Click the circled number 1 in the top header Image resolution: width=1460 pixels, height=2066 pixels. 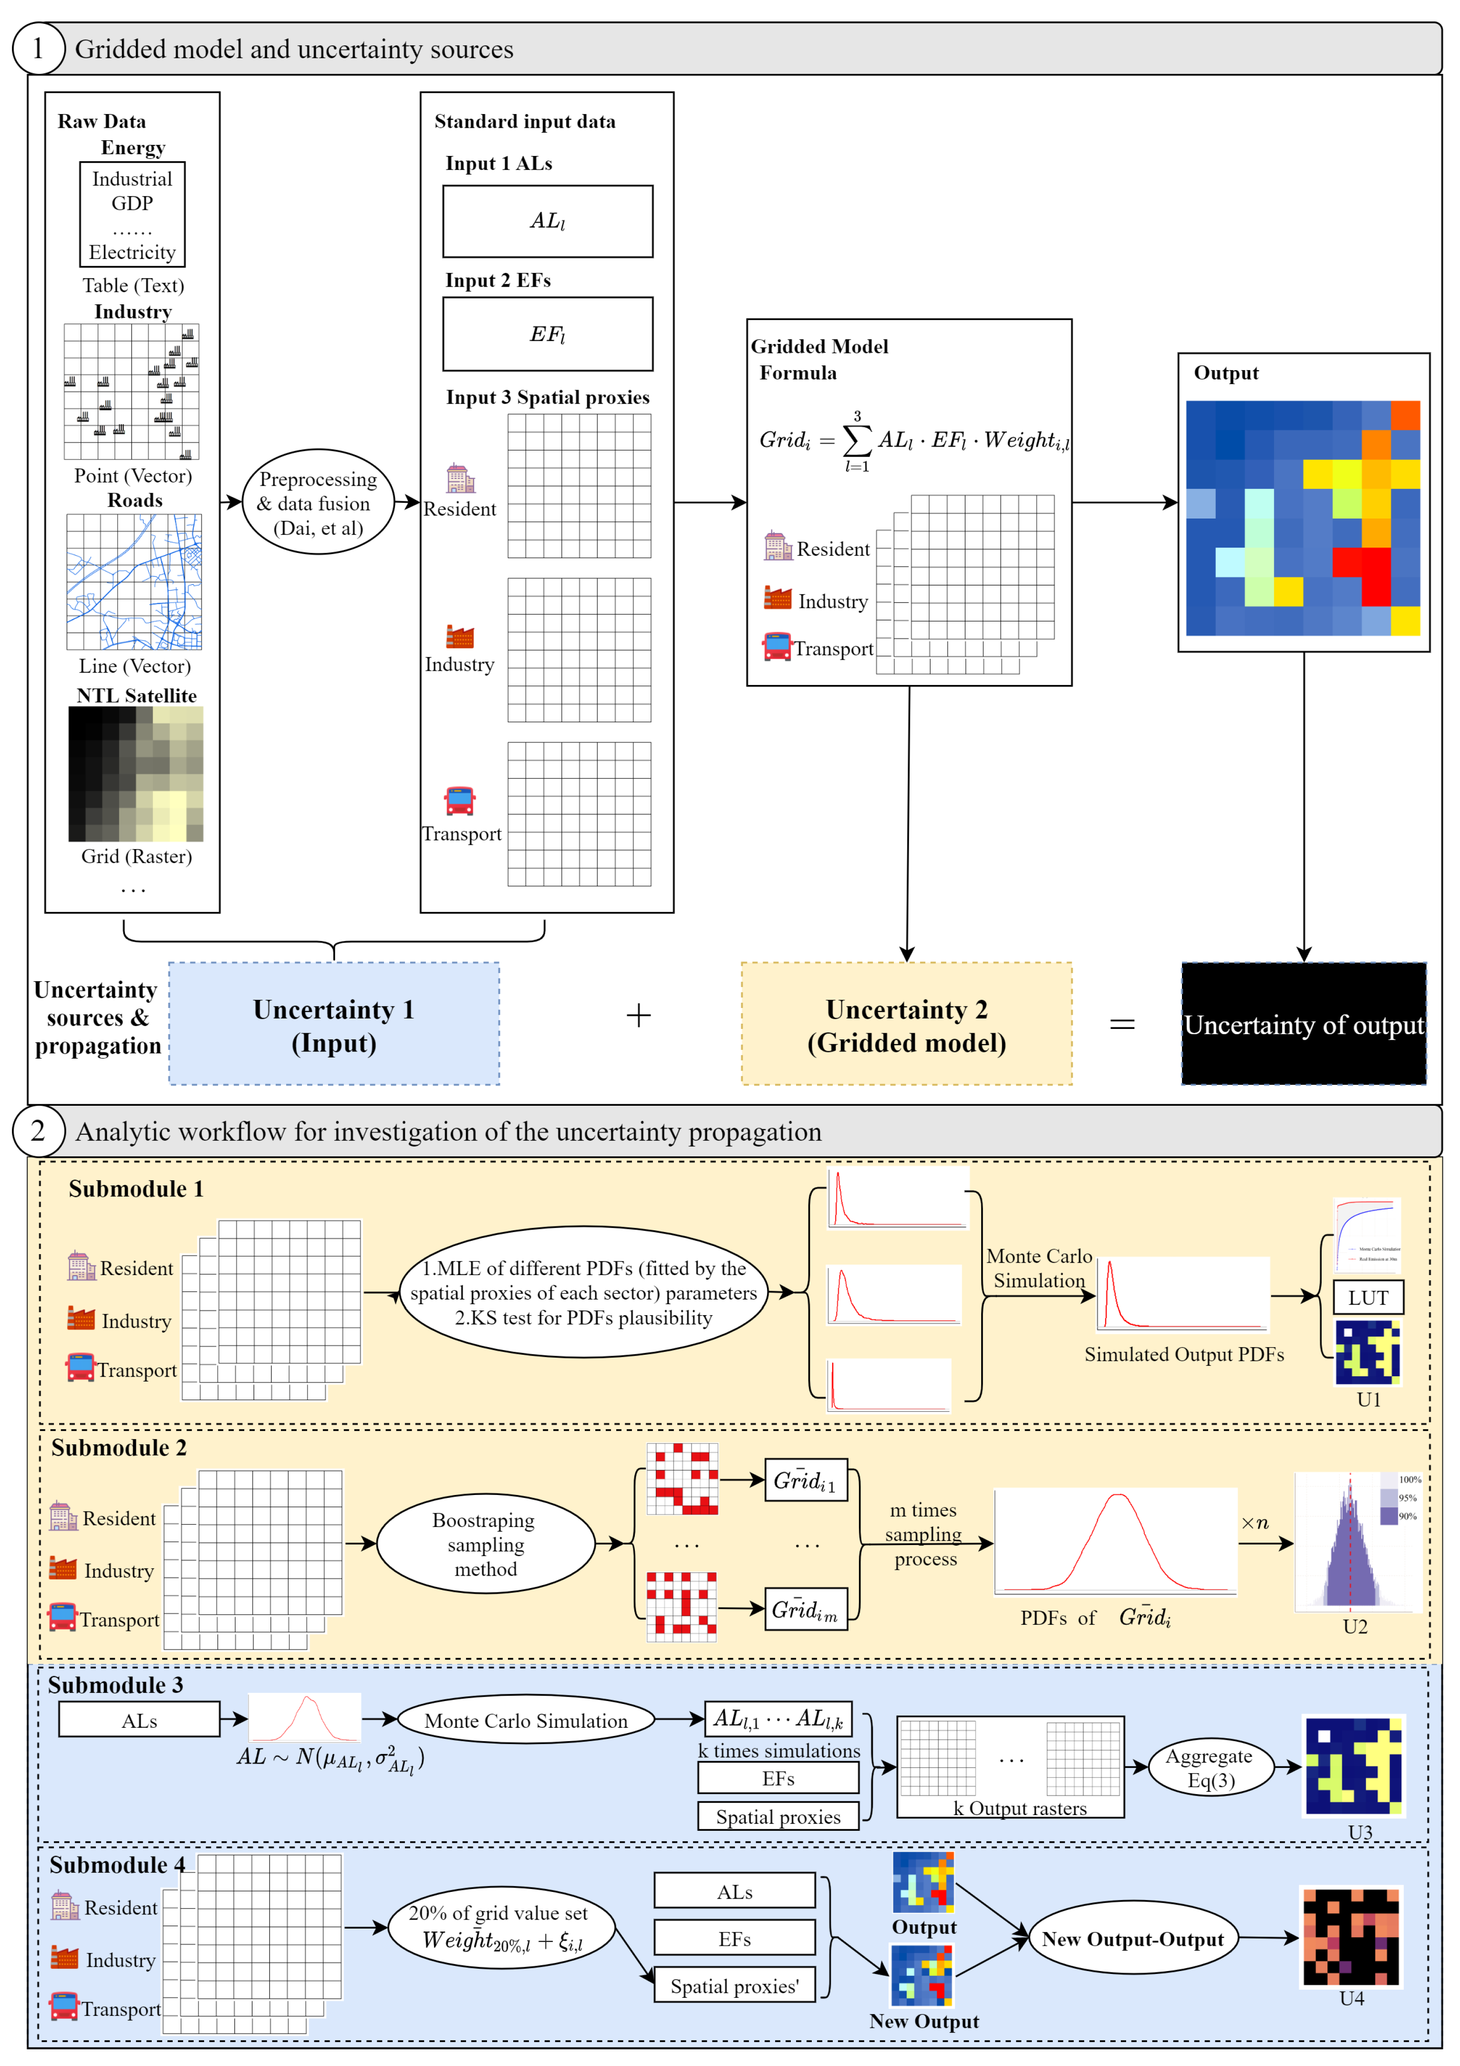pyautogui.click(x=38, y=49)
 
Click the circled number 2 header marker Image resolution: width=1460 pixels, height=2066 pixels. pyautogui.click(x=38, y=1131)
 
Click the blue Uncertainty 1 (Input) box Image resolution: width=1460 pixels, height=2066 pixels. pyautogui.click(x=334, y=1024)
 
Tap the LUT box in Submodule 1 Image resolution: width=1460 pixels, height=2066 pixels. pyautogui.click(x=1367, y=1298)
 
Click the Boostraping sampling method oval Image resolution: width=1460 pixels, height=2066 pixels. pyautogui.click(x=485, y=1544)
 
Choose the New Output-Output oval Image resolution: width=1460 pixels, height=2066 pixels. pyautogui.click(x=1132, y=1939)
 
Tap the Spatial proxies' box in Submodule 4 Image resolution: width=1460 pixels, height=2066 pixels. pyautogui.click(x=734, y=1986)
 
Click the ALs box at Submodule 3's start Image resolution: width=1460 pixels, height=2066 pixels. pyautogui.click(x=139, y=1721)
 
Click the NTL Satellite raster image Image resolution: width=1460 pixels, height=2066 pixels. pyautogui.click(x=136, y=774)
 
